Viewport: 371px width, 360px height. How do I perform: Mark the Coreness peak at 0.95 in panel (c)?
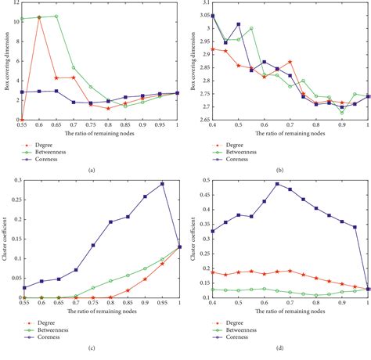click(162, 184)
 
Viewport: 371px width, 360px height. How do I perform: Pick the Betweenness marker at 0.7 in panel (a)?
click(74, 67)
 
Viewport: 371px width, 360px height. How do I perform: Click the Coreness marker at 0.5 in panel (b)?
click(239, 24)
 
